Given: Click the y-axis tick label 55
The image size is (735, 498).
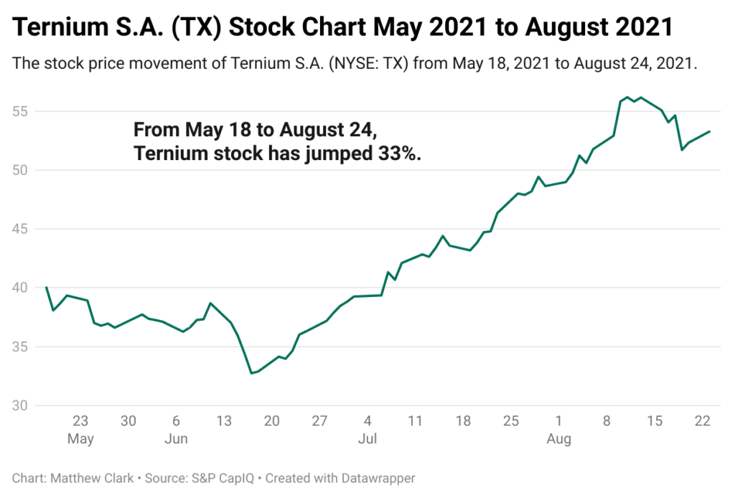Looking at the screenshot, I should [22, 112].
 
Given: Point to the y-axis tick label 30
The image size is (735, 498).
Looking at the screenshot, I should [22, 405].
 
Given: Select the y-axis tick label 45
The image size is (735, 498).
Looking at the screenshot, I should [22, 229].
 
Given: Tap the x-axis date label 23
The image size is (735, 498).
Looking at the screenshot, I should [80, 421].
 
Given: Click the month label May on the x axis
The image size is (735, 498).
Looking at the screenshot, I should [80, 438].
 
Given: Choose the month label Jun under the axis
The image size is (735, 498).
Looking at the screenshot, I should [176, 438].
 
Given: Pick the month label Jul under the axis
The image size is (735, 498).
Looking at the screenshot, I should [367, 438].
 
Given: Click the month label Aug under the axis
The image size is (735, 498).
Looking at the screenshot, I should [558, 438].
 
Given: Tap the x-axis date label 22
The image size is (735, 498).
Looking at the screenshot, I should [702, 421].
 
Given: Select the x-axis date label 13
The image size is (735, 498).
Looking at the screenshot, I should [224, 421].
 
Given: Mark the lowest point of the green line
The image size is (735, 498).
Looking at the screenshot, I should [251, 373].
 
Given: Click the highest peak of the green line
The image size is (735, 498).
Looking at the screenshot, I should [627, 97].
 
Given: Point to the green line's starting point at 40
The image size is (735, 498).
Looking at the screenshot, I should [47, 288].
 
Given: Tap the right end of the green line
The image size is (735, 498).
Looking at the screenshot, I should [710, 131].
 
